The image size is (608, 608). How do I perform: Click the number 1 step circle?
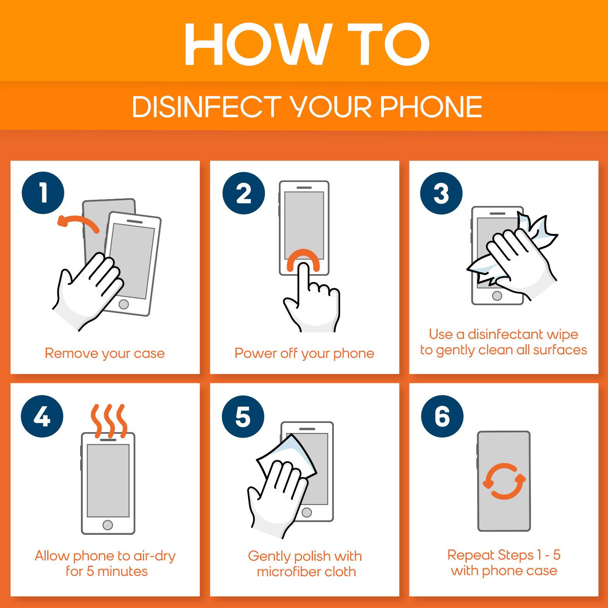43,193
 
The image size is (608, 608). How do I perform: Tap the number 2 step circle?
244,193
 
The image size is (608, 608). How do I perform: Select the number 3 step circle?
441,193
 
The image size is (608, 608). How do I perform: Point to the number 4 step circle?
42,417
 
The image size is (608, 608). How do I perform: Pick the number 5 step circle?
243,417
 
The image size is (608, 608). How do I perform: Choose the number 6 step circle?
442,417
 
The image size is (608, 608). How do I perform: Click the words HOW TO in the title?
307,45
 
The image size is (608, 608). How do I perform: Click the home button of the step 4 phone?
108,525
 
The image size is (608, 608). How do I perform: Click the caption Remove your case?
105,353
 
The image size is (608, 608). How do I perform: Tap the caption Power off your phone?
304,353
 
